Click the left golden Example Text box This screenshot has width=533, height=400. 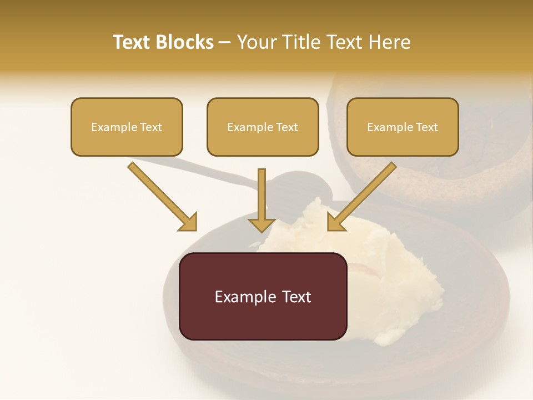pos(127,127)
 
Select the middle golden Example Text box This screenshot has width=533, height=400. pos(263,127)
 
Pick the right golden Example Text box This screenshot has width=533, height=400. pos(403,127)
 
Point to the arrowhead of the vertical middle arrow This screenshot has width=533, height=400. pos(262,224)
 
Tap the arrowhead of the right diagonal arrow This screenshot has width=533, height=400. pos(336,222)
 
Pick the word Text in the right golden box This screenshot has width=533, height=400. pos(426,127)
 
